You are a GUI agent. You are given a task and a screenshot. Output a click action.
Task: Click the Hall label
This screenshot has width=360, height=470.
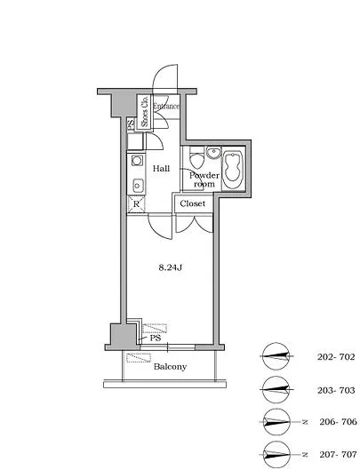tap(162, 169)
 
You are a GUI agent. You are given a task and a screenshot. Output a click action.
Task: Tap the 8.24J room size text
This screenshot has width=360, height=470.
tap(171, 267)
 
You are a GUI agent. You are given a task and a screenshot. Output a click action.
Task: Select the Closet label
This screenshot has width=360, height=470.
tap(193, 203)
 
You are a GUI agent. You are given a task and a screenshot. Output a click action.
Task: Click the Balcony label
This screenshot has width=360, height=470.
tap(170, 367)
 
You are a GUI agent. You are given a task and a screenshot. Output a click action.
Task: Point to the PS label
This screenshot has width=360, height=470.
tap(156, 339)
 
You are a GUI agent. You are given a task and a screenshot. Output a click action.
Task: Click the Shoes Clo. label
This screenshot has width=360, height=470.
tap(145, 112)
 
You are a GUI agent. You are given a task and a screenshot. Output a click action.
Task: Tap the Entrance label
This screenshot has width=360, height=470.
tap(166, 106)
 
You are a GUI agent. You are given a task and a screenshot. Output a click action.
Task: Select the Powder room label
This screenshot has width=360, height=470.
tap(204, 179)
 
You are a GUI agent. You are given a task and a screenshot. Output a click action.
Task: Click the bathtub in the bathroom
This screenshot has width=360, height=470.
tap(233, 170)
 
